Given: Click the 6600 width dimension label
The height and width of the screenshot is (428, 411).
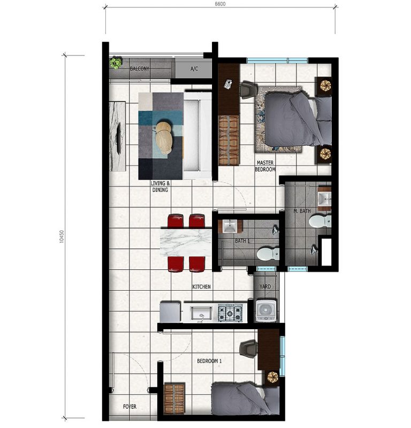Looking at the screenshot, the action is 220,4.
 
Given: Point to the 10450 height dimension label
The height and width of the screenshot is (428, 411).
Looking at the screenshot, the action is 62,236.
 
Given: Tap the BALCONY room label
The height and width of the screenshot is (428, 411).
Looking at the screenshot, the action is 140,68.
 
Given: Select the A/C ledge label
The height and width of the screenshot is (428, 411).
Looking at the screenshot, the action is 194,68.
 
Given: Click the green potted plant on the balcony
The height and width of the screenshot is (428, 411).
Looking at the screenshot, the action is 116,63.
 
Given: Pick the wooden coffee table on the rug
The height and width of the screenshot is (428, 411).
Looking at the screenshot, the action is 164,138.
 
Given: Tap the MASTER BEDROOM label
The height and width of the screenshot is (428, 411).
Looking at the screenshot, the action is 265,166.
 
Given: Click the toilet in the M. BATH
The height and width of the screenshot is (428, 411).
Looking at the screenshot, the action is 320,221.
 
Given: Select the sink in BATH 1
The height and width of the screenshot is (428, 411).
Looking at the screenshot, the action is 230,226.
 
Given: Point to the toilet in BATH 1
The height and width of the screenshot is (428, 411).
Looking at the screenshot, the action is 268,254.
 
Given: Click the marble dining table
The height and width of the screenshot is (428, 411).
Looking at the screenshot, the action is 186,242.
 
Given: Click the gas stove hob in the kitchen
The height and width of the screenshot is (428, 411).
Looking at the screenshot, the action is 230,313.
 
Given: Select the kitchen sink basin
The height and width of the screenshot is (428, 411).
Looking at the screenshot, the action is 202,313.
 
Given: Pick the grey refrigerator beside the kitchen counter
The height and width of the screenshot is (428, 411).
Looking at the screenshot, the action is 170,312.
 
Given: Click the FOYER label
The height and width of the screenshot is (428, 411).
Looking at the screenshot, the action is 130,407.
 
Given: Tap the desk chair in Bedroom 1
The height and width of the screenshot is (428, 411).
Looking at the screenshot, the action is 248,349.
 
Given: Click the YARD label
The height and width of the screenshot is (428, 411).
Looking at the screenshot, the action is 265,286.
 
